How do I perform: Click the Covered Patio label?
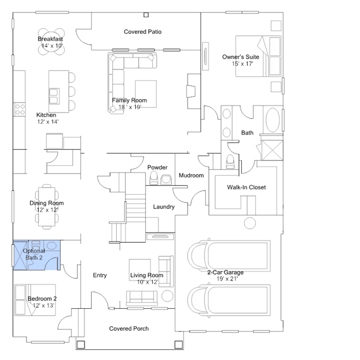(143, 32)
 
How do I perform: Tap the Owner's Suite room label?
(241, 57)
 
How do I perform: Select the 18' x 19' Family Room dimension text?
(130, 107)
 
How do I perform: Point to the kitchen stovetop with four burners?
(20, 109)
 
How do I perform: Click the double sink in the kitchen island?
(54, 96)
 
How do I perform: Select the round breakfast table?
(51, 42)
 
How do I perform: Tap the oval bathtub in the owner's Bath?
(273, 120)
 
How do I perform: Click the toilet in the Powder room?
(154, 178)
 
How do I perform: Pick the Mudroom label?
(191, 175)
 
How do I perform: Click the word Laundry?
(164, 207)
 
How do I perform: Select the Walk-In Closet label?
(246, 188)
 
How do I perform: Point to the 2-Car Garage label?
(225, 272)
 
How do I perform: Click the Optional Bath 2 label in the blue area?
(34, 254)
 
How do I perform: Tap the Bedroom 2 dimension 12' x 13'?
(43, 305)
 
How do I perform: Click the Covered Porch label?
(129, 328)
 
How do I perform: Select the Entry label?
(100, 275)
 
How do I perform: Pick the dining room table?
(47, 207)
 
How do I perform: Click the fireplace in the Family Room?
(191, 91)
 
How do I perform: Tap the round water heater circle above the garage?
(250, 223)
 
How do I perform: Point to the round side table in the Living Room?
(167, 296)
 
